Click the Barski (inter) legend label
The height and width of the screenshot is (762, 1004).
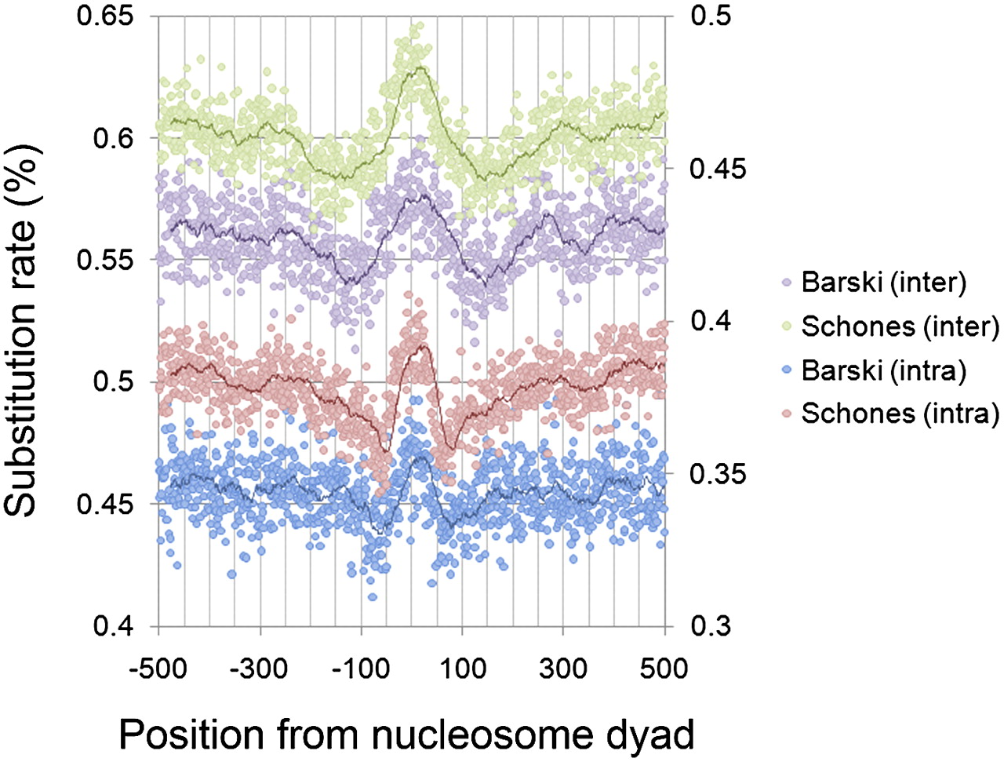(x=883, y=282)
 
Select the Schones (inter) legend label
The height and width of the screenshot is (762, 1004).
(x=900, y=326)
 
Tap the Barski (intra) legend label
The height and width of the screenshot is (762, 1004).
(x=883, y=370)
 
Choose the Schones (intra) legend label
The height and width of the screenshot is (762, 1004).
(x=900, y=413)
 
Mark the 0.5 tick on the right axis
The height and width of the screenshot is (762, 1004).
(x=709, y=16)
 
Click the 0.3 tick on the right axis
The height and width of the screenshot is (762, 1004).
(x=709, y=626)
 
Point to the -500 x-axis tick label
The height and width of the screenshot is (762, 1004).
(x=158, y=669)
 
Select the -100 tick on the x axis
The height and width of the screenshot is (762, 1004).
(x=362, y=669)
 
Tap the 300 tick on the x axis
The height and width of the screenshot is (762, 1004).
(x=564, y=669)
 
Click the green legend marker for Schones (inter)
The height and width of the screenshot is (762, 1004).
(x=787, y=326)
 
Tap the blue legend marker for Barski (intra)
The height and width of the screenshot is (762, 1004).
(x=787, y=370)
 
